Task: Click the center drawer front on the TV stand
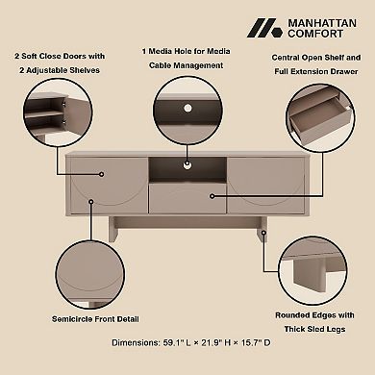point(187,198)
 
